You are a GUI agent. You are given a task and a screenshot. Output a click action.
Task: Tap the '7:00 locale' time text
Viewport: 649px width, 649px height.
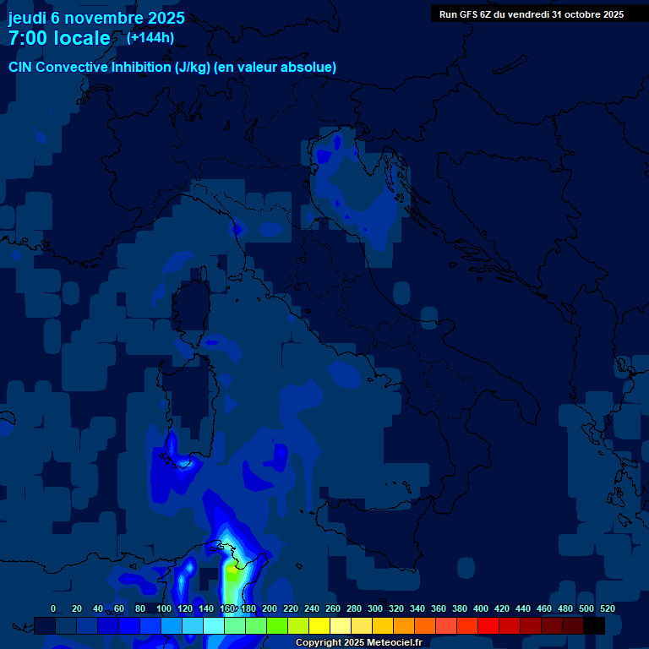click(x=59, y=38)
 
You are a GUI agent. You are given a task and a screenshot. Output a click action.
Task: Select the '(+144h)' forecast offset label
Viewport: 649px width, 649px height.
click(x=150, y=37)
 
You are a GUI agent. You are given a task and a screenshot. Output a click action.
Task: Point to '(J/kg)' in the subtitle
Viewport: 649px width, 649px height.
click(x=194, y=67)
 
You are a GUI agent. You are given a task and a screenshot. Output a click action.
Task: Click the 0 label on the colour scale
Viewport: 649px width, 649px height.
click(x=53, y=608)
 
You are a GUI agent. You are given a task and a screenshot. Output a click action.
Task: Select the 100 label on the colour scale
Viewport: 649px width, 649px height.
click(x=163, y=608)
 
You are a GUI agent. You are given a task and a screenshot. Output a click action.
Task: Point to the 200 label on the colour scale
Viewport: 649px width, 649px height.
click(x=269, y=608)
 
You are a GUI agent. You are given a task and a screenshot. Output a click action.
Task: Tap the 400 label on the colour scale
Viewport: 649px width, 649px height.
click(x=481, y=608)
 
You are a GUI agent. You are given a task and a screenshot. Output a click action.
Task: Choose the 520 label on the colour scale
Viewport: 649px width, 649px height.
click(x=607, y=608)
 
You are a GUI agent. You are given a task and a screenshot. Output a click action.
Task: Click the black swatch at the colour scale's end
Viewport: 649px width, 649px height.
click(x=594, y=625)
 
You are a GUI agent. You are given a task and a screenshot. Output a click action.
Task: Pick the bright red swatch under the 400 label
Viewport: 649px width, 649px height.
click(x=488, y=625)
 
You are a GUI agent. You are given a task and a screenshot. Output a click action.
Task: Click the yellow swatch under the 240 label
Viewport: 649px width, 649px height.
click(x=319, y=625)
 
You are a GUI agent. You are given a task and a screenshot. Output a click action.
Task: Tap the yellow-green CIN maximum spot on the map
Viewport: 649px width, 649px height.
click(x=232, y=571)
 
